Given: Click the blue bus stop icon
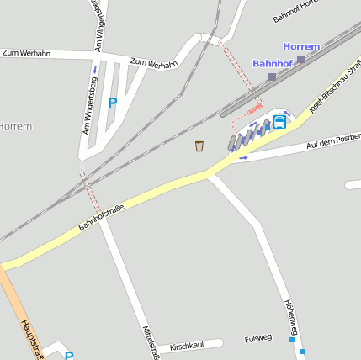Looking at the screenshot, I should point(279,121).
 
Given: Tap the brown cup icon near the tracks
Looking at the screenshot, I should point(199,146).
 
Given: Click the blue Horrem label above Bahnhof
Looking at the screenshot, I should point(302,46).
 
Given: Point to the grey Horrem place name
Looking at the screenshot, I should point(15,126).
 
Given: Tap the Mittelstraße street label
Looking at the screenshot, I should point(149,337).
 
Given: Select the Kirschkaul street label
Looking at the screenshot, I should point(187,346).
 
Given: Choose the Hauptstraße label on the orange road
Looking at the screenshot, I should point(33,338).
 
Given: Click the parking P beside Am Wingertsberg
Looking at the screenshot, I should point(113,103).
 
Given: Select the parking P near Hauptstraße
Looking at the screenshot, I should point(69,356).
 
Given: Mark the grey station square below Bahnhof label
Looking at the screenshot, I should point(272,77).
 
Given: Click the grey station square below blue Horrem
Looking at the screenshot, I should point(301,59).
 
